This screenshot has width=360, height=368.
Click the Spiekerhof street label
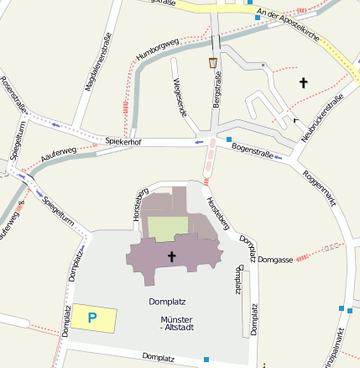(x=123, y=142)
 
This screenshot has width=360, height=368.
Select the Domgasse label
(x=275, y=260)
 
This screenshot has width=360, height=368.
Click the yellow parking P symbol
(x=93, y=317)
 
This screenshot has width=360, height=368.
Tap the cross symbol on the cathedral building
(x=171, y=256)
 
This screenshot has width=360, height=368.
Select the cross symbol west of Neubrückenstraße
(x=303, y=82)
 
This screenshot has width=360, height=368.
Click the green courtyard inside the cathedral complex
(x=168, y=228)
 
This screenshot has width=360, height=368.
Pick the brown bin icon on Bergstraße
(x=213, y=63)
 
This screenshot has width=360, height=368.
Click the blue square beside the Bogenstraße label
(x=228, y=139)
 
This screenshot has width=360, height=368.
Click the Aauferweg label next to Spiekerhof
(x=58, y=155)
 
